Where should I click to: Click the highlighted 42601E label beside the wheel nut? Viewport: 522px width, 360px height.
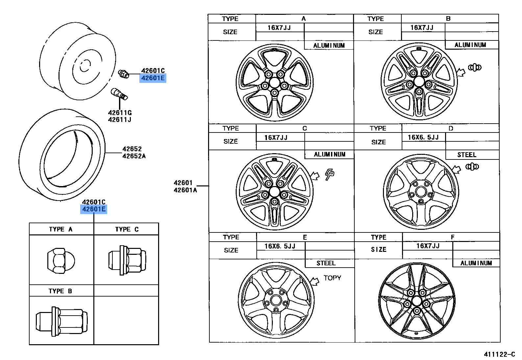pyautogui.click(x=153, y=78)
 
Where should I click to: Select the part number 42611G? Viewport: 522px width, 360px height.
pyautogui.click(x=120, y=113)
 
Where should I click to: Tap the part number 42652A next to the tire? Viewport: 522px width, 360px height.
pyautogui.click(x=134, y=156)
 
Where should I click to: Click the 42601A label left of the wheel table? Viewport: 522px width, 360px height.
pyautogui.click(x=185, y=190)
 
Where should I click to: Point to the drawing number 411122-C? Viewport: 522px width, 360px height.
pyautogui.click(x=499, y=354)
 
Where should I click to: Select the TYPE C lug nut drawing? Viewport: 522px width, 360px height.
pyautogui.click(x=127, y=260)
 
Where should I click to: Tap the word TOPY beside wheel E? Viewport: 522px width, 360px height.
pyautogui.click(x=332, y=278)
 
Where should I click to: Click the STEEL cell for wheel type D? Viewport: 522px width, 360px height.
pyautogui.click(x=467, y=155)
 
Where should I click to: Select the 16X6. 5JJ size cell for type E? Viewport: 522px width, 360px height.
pyautogui.click(x=280, y=246)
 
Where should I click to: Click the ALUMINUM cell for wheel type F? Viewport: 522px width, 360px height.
pyautogui.click(x=476, y=263)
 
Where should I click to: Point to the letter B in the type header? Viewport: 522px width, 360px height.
pyautogui.click(x=448, y=19)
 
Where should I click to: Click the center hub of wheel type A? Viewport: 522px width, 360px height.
pyautogui.click(x=274, y=81)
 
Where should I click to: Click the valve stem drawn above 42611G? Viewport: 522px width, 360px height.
pyautogui.click(x=119, y=93)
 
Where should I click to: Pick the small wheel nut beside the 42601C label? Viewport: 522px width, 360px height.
pyautogui.click(x=123, y=74)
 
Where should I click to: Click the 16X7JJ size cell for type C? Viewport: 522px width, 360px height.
pyautogui.click(x=276, y=137)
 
